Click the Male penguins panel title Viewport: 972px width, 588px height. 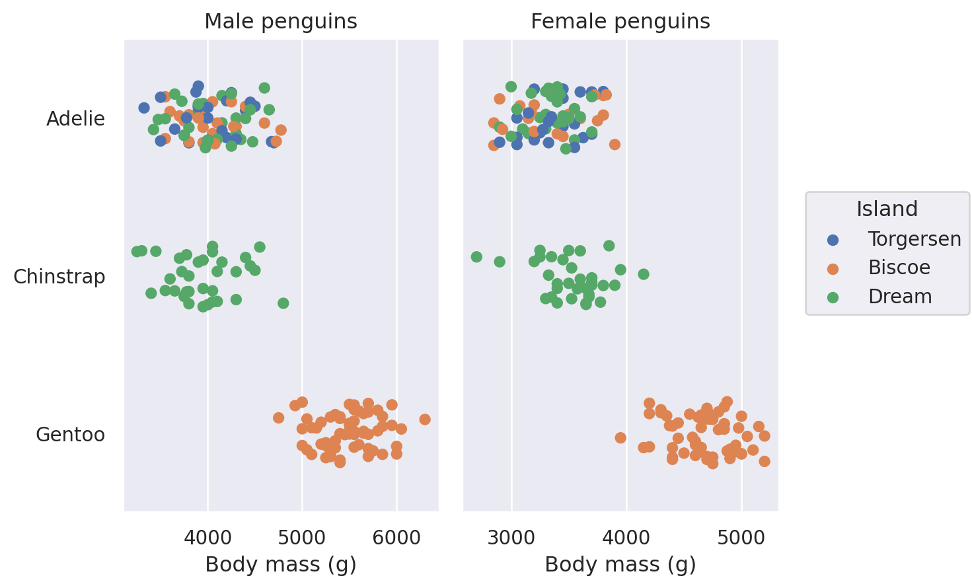click(281, 22)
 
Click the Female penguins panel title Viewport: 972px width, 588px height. click(620, 22)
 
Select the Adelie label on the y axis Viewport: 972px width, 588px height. click(75, 119)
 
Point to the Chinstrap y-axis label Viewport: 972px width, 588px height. click(59, 277)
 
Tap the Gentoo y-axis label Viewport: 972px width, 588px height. click(70, 435)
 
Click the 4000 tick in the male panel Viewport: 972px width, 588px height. click(207, 538)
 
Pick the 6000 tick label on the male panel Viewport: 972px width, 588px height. click(396, 538)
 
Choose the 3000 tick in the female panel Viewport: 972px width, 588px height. click(511, 538)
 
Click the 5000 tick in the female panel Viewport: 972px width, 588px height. click(742, 538)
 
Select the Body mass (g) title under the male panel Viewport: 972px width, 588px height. click(281, 565)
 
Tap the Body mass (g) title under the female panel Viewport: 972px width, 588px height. click(620, 565)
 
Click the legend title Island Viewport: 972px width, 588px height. click(887, 209)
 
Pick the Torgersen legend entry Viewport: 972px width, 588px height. click(914, 239)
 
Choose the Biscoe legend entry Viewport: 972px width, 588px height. click(899, 268)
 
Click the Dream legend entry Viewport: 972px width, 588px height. click(899, 297)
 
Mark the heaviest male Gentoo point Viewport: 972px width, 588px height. click(425, 420)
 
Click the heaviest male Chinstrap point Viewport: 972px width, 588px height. click(283, 303)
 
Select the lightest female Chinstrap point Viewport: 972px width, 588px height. click(476, 257)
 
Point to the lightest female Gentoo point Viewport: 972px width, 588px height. click(620, 437)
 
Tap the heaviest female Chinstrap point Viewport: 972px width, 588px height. click(644, 274)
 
